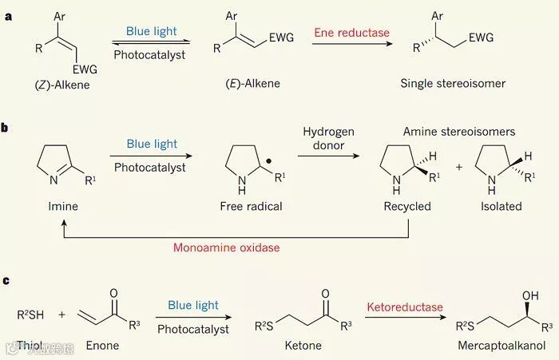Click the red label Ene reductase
click(351, 33)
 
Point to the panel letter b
click(7, 127)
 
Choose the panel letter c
click(7, 280)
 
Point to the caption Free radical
click(251, 207)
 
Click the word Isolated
click(501, 207)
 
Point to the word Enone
click(102, 346)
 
